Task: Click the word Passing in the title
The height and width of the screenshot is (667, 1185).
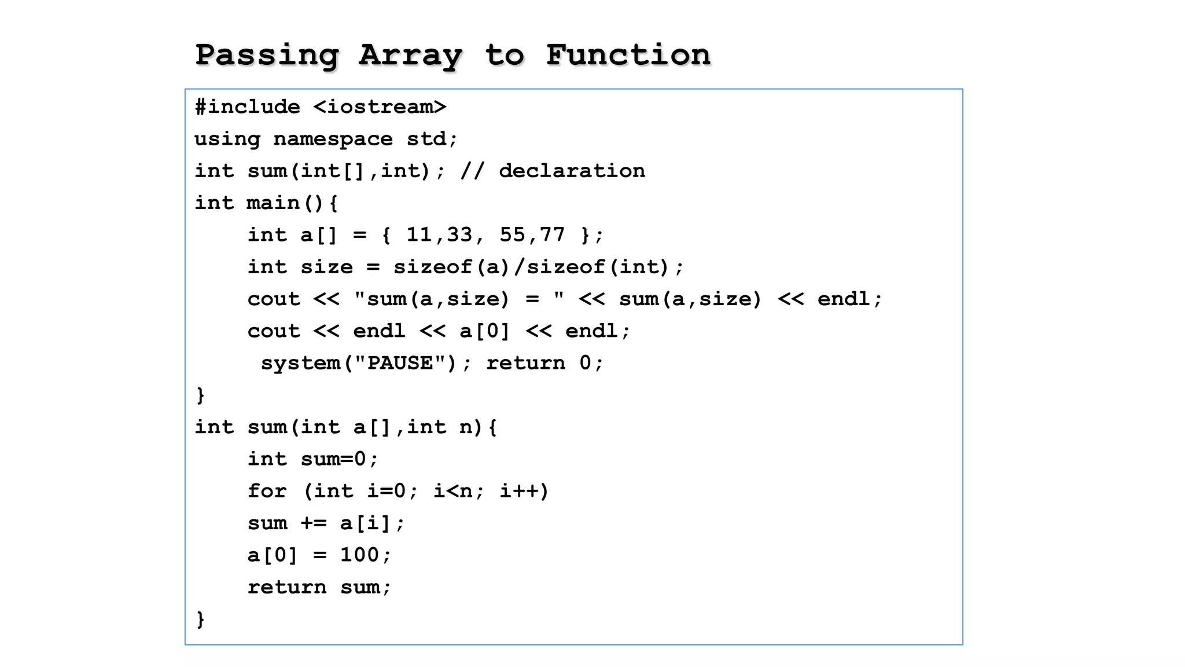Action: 267,56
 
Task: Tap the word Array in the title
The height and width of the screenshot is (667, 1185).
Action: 410,56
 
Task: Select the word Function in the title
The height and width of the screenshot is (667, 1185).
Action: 628,56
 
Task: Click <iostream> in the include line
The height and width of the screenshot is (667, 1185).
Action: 380,107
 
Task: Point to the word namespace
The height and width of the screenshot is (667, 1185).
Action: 333,139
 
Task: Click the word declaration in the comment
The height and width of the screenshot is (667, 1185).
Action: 572,171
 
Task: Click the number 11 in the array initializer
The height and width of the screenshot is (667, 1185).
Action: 419,235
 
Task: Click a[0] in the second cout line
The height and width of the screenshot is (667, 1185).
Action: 484,331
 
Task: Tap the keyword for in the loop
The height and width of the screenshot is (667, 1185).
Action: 267,491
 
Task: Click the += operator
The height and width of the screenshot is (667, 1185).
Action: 313,523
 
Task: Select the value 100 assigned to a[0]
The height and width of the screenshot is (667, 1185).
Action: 359,555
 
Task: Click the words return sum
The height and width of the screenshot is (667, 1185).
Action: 319,587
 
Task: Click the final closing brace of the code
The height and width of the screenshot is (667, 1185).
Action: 200,619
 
